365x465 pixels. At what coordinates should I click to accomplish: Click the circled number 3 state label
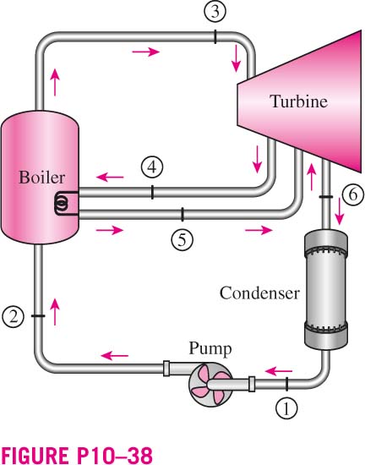pos(215,11)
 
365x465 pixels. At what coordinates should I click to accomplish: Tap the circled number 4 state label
pos(152,167)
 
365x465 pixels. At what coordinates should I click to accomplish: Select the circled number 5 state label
pos(182,239)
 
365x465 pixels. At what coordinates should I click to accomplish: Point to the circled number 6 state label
pos(353,195)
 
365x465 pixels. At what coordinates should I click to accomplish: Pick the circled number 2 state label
pos(13,316)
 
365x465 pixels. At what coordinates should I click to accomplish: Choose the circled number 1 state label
pos(286,408)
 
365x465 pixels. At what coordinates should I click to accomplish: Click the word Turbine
pos(298,101)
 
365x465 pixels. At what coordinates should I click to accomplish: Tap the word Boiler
pos(41,177)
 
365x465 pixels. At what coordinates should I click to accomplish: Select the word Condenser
pos(259,293)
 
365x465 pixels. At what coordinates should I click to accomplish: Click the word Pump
pos(210,349)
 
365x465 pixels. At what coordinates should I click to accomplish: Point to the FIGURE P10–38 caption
pos(77,455)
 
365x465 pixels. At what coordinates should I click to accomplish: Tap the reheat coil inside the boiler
pos(62,203)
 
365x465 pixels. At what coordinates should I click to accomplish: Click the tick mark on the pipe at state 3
pos(215,36)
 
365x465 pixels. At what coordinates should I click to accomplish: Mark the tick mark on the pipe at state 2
pos(38,316)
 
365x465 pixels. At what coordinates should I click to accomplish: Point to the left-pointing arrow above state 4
pos(110,178)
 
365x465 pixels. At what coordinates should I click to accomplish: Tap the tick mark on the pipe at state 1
pos(286,384)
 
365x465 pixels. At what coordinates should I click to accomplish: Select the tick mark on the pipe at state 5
pos(182,215)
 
